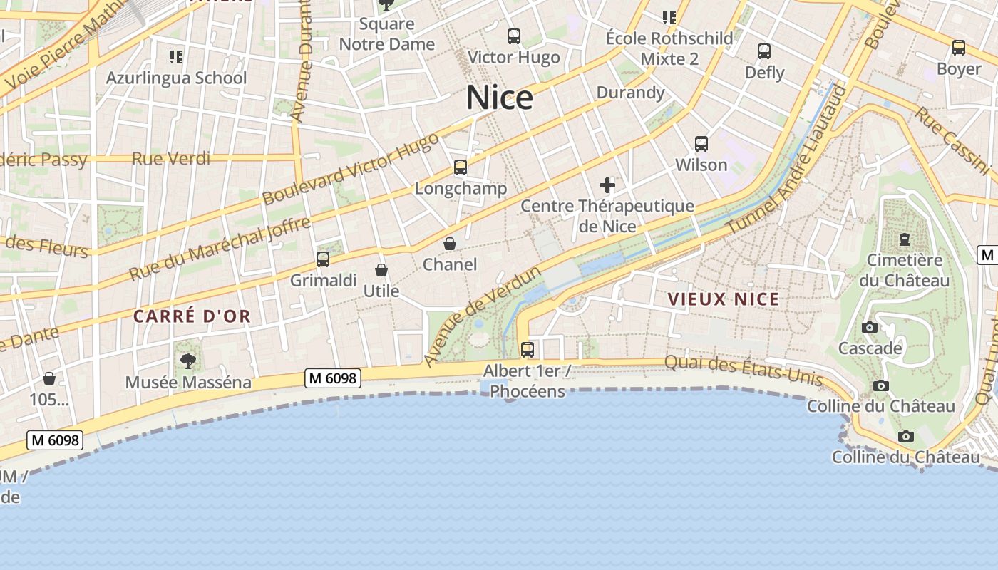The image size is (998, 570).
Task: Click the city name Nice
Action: pos(499,98)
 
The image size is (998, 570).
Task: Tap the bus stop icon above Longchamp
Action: pos(461,167)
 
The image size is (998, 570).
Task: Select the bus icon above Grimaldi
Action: pos(323,259)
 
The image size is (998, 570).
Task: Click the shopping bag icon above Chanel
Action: pos(450,244)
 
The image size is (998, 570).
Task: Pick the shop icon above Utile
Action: pos(381,270)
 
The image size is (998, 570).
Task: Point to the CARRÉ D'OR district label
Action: pos(192,316)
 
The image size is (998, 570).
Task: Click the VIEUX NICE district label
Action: pos(724,299)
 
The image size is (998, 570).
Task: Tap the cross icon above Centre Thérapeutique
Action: pos(607,186)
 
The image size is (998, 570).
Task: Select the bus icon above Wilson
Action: pos(701,144)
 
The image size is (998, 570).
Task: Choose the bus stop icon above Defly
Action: pos(764,51)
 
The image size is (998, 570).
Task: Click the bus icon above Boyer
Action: pos(959,48)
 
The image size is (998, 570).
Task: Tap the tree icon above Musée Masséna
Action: pos(188,361)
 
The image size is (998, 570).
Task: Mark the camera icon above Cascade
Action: pos(870,328)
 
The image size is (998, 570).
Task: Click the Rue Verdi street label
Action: pos(171,158)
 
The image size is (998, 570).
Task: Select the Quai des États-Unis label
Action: pos(744,370)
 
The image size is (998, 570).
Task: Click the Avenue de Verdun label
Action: pos(483,316)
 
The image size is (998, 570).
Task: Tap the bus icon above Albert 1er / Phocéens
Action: pos(528,350)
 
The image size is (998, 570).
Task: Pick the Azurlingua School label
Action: pos(176,78)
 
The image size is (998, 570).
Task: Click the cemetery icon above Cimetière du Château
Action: pos(905,239)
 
